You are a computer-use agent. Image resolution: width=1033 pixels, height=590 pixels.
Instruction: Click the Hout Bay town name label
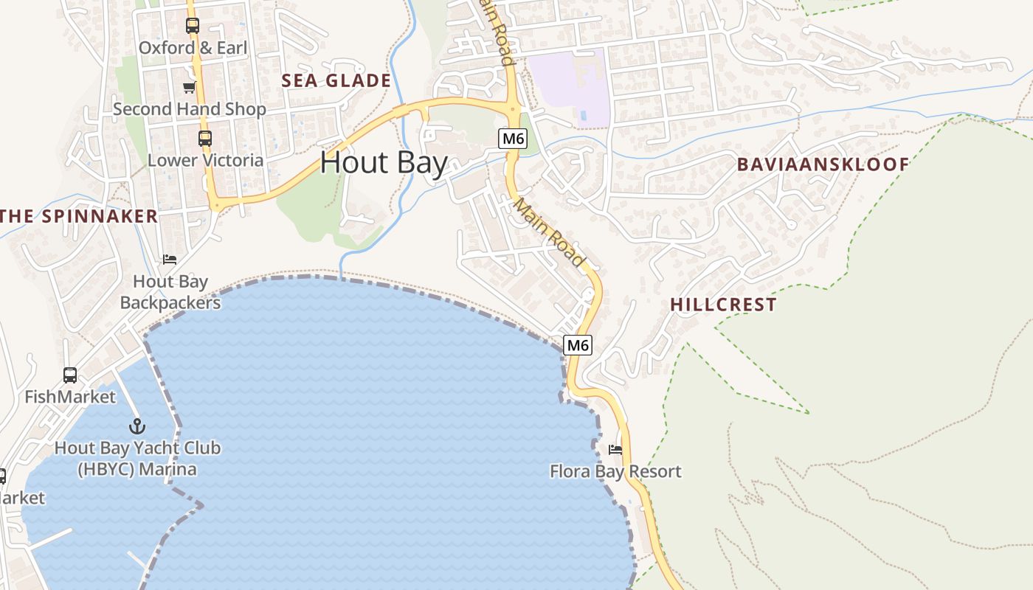384,162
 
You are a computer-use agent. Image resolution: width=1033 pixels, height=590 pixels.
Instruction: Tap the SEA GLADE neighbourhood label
336,81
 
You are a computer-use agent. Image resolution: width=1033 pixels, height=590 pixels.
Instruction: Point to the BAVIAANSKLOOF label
823,164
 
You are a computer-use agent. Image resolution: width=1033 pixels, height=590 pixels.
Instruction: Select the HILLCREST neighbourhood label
723,305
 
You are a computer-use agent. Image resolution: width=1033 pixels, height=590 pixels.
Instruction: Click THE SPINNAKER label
79,216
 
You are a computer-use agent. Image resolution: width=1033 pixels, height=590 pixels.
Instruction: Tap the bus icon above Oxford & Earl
193,26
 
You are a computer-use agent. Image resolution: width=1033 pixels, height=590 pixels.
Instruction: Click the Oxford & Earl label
193,48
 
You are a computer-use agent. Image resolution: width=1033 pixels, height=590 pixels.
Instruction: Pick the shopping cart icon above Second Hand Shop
190,88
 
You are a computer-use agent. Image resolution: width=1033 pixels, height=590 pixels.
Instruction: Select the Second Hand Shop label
190,109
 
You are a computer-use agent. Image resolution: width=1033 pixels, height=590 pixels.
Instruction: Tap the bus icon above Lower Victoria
205,138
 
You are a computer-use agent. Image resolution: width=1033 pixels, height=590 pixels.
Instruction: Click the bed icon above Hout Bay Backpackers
170,260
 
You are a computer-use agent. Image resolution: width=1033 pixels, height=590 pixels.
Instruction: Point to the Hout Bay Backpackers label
170,292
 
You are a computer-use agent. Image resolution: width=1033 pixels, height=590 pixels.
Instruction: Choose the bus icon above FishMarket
70,375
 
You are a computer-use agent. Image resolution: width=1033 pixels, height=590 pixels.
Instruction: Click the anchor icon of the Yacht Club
137,426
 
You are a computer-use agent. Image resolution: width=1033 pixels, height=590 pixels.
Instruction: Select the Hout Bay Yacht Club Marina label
137,459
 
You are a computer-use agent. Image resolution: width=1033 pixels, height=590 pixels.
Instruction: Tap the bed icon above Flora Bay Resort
615,449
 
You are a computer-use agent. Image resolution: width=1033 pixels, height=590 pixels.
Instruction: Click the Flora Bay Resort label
615,471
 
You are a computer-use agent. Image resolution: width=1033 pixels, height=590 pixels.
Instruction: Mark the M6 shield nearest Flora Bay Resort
578,344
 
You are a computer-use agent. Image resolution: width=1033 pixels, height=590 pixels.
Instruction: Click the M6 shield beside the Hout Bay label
513,139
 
